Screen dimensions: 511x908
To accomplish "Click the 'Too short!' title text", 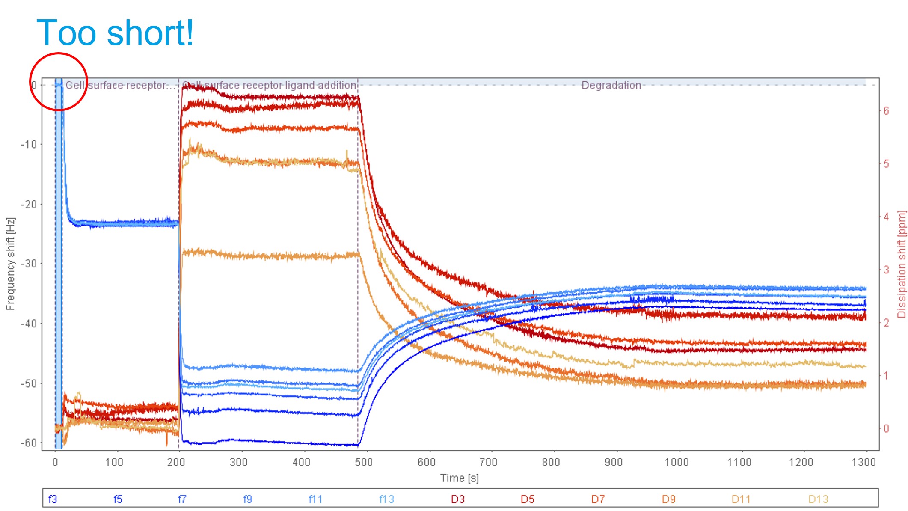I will [116, 33].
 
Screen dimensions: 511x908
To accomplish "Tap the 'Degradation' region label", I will [611, 85].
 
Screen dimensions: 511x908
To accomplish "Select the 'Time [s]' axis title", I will [459, 478].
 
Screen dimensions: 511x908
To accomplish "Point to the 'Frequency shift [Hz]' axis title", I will [10, 264].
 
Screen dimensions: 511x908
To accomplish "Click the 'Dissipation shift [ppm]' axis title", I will [902, 264].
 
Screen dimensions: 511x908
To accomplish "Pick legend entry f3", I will [53, 499].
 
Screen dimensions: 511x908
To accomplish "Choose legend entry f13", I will [386, 499].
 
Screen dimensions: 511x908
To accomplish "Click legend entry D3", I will [457, 499].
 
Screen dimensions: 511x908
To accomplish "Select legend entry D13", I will [818, 499].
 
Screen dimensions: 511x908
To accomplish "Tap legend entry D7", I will [598, 499].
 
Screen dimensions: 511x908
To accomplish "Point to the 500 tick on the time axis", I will [364, 462].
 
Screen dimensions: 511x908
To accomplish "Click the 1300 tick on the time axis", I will [863, 462].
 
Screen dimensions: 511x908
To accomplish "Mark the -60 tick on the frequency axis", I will [29, 443].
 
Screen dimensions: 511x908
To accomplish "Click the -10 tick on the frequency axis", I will [29, 144].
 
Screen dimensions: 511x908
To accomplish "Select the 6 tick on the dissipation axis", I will [886, 111].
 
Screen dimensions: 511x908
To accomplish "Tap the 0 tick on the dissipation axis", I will [886, 428].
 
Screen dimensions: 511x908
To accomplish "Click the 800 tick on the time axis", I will [551, 462].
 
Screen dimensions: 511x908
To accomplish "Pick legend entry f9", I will [247, 499].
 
